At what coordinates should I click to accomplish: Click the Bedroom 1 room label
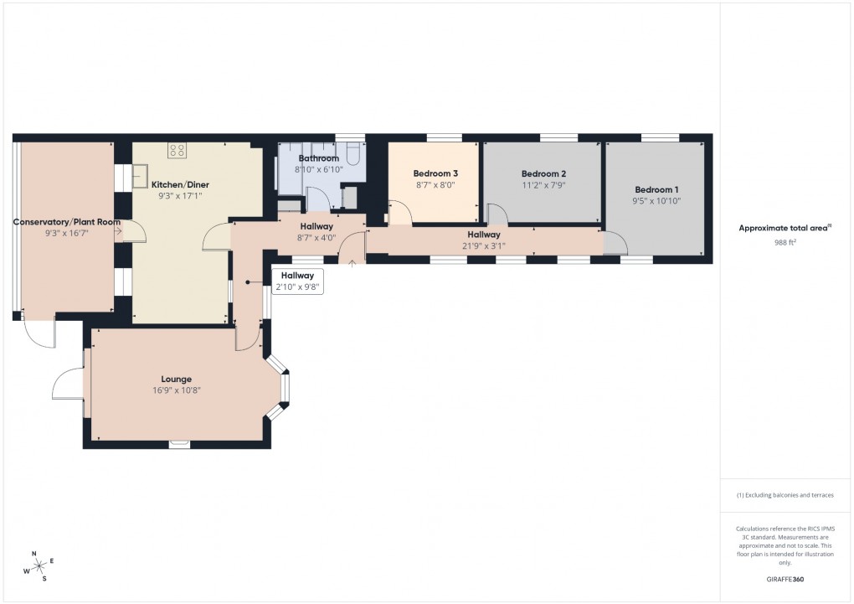click(656, 189)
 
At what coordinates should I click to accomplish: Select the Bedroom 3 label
click(435, 173)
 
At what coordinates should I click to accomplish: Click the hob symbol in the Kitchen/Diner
click(177, 151)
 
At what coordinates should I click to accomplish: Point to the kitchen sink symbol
click(140, 177)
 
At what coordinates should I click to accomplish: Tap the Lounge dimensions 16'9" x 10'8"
click(177, 390)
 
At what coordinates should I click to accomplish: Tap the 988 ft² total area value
click(786, 241)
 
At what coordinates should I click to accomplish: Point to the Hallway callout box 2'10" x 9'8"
click(297, 281)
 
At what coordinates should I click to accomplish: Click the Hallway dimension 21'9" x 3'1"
click(484, 245)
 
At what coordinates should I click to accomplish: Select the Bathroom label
click(319, 158)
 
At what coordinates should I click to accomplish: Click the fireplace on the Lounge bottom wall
click(179, 443)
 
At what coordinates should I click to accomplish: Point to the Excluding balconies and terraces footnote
click(785, 495)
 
